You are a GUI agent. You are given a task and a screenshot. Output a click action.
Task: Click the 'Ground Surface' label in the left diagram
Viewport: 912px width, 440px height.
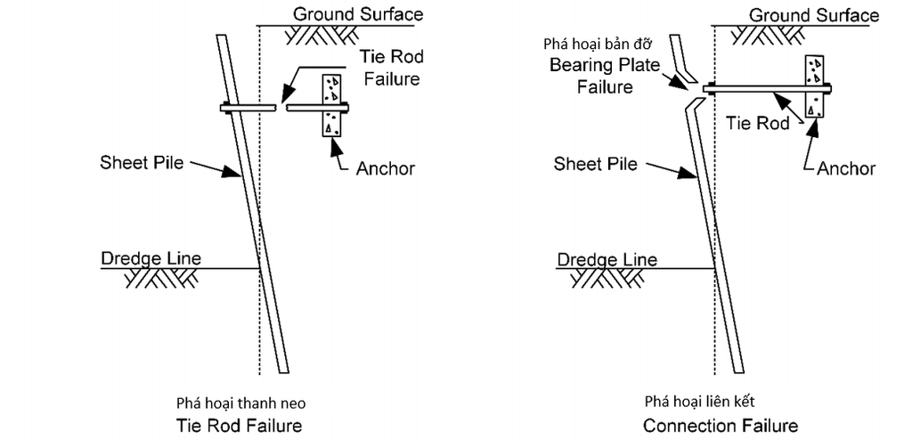[358, 14]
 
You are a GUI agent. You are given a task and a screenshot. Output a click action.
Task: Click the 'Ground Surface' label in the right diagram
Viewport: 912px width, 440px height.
[814, 14]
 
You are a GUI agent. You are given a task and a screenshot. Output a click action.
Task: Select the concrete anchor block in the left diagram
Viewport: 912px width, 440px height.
[333, 105]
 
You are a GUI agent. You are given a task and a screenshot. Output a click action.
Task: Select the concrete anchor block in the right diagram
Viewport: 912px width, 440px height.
[815, 86]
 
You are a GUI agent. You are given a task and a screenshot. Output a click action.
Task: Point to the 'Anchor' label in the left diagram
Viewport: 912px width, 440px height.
[385, 168]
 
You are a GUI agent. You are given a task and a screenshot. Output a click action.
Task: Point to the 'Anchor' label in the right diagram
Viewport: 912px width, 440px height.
[846, 168]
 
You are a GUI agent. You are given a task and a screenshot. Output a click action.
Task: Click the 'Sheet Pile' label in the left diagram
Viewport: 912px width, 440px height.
[142, 162]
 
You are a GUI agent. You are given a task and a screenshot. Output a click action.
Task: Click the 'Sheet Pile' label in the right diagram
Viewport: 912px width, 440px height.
[595, 164]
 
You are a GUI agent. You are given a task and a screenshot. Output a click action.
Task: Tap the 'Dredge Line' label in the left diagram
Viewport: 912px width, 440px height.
[151, 257]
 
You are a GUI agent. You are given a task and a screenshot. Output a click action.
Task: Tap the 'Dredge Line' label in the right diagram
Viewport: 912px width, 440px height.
[607, 259]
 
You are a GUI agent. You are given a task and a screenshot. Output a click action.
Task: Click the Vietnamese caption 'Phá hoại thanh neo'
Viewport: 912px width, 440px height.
[240, 403]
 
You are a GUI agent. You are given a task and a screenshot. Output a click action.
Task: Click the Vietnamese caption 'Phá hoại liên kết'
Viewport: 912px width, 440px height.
[700, 402]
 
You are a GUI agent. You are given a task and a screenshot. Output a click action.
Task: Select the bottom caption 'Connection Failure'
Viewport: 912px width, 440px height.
[721, 425]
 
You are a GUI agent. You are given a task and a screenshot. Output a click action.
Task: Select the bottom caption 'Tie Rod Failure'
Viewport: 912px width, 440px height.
[240, 425]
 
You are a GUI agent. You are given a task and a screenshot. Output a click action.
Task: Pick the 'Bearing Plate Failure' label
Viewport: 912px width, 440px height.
[605, 76]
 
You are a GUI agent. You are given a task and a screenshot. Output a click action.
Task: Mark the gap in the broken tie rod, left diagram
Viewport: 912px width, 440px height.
[281, 107]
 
